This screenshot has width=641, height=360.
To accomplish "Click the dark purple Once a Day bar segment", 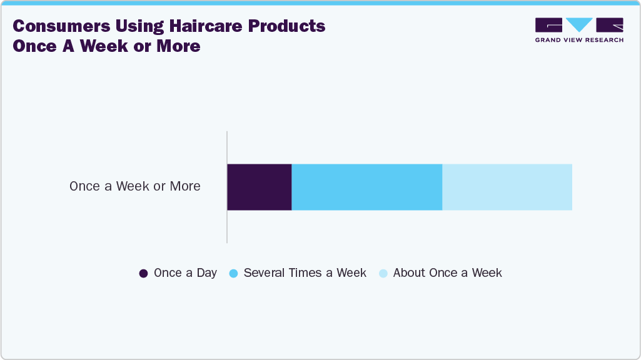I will point(260,187).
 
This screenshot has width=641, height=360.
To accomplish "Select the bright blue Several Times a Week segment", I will point(367,187).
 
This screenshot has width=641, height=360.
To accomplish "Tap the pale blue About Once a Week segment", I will point(507,187).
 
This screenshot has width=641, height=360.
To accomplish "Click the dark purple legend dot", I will point(143,273).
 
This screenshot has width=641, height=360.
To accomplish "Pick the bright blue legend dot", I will point(233,273).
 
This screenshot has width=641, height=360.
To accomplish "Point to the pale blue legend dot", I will point(383,273).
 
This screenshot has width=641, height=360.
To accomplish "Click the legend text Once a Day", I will point(185,273).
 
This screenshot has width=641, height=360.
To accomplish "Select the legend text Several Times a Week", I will point(305,273).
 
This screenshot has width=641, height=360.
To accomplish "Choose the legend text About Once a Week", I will point(448,273).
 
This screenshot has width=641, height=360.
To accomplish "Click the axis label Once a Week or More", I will point(135,186).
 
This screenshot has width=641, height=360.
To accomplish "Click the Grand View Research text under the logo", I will point(579,40).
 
